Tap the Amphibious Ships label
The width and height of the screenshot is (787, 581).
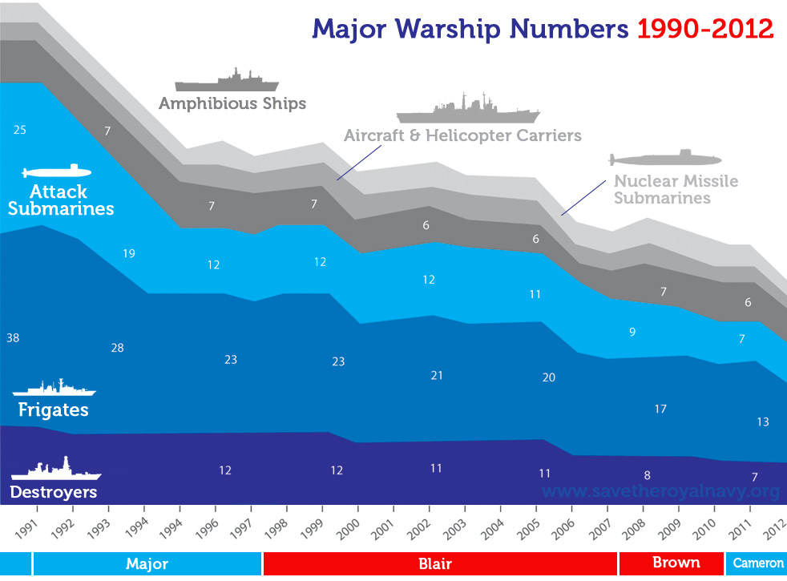pos(232,104)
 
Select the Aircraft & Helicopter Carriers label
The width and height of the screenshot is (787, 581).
pos(462,135)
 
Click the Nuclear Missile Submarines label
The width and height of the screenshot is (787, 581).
pos(676,189)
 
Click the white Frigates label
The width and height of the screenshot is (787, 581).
pos(53,410)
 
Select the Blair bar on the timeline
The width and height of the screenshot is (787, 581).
pos(440,563)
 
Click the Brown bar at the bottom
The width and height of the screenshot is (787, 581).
pos(676,563)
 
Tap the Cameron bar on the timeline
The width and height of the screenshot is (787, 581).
pos(757,563)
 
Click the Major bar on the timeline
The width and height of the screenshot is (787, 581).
pos(147,563)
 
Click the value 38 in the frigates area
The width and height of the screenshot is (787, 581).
pos(13,338)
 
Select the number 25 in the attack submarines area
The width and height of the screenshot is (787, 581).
pos(20,129)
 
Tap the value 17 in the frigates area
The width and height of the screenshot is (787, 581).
pos(660,410)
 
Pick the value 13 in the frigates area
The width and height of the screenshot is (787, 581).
pos(763,422)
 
